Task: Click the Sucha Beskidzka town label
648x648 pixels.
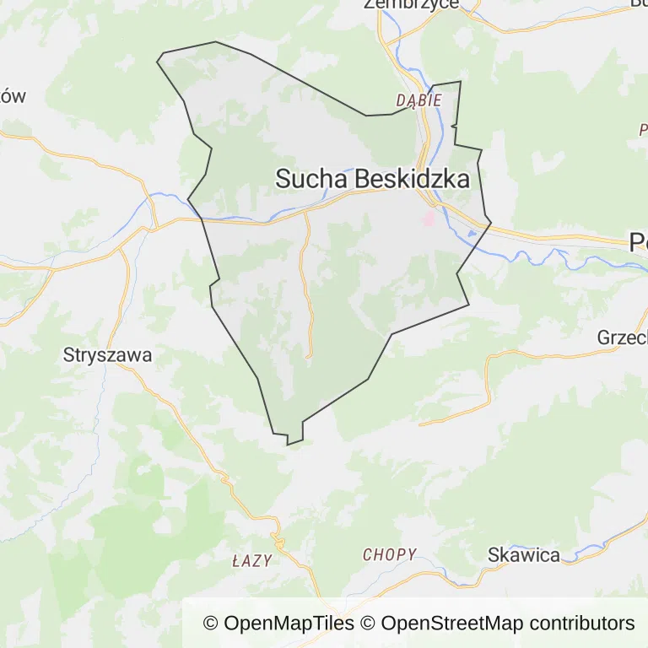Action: [x=372, y=179]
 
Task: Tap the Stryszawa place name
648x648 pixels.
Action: [x=108, y=355]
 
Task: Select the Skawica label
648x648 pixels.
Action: [x=524, y=554]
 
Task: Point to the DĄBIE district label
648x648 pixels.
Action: [x=418, y=100]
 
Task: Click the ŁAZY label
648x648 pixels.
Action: [x=251, y=560]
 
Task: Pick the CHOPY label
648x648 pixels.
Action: [x=390, y=554]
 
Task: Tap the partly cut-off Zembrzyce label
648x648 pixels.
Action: [x=411, y=4]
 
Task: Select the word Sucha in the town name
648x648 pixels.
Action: [x=311, y=179]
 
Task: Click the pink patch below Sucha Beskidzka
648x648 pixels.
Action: [x=429, y=219]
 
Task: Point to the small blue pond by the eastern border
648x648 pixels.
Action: [x=472, y=233]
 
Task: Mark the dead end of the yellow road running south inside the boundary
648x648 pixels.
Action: [x=308, y=357]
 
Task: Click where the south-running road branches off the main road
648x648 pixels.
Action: [x=305, y=213]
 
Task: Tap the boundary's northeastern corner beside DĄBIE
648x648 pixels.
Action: [x=460, y=82]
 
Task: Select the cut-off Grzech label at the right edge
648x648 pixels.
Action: [x=623, y=337]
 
